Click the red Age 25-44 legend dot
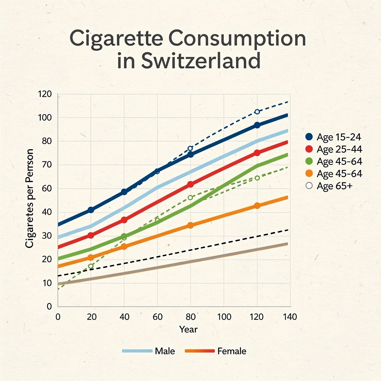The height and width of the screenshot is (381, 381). pyautogui.click(x=309, y=150)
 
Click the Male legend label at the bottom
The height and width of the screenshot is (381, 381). pyautogui.click(x=165, y=351)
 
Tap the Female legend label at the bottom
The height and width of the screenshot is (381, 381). pyautogui.click(x=232, y=351)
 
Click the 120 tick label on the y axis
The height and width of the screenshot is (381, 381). pyautogui.click(x=45, y=94)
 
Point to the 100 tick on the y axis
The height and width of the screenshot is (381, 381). pyautogui.click(x=45, y=118)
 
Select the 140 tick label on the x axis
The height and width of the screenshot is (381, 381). pyautogui.click(x=290, y=317)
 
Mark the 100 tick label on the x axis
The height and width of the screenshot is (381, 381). pyautogui.click(x=224, y=317)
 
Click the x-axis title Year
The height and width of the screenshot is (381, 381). pyautogui.click(x=188, y=329)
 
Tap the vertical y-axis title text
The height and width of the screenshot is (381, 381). pyautogui.click(x=30, y=198)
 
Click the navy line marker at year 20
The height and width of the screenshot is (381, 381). pyautogui.click(x=91, y=210)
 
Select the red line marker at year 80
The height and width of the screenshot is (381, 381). pyautogui.click(x=190, y=184)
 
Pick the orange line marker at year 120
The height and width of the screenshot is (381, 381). pyautogui.click(x=257, y=206)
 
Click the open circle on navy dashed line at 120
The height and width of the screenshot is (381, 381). pyautogui.click(x=257, y=112)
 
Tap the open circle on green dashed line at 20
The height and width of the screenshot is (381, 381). pyautogui.click(x=91, y=266)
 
